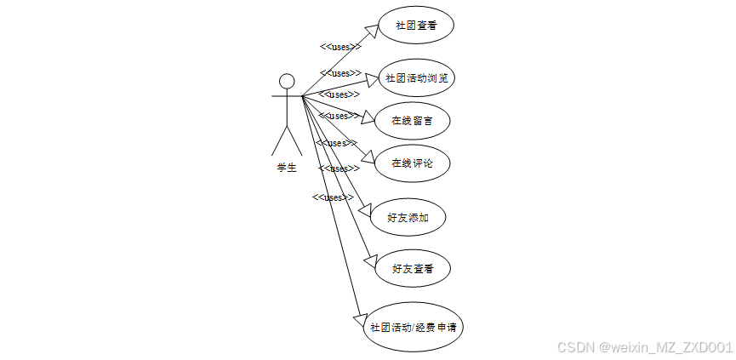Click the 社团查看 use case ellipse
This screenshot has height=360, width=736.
(x=416, y=26)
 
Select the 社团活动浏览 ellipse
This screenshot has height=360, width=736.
(x=416, y=78)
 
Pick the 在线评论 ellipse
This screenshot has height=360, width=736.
(x=412, y=163)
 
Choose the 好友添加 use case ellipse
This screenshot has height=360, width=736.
(x=408, y=218)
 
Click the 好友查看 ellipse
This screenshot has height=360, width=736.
(x=413, y=269)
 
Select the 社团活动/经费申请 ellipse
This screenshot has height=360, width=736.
(x=413, y=327)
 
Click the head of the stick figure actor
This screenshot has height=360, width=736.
(x=287, y=82)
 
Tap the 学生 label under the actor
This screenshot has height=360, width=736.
(x=287, y=168)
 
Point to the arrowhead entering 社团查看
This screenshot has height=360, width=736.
(x=370, y=31)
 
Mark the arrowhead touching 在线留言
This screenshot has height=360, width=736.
(x=368, y=117)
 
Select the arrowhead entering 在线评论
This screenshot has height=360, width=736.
(x=368, y=157)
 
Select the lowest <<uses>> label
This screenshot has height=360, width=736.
(x=333, y=197)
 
